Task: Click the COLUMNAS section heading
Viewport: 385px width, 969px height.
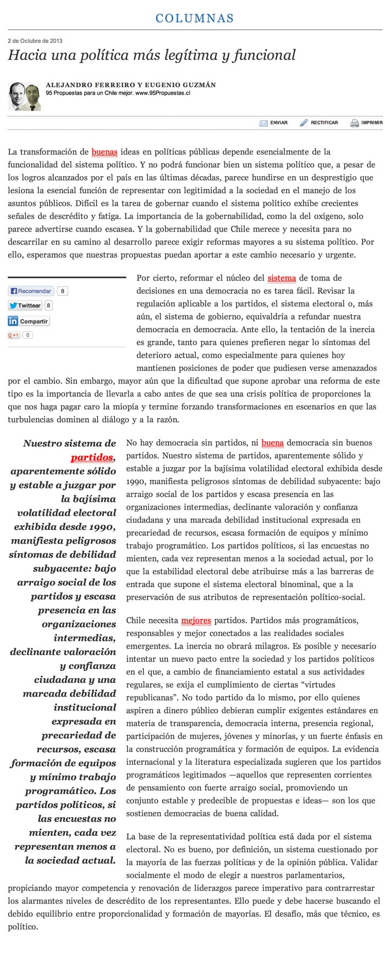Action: [x=195, y=18]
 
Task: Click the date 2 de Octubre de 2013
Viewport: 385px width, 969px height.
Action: [x=35, y=41]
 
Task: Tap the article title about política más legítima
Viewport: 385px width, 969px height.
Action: [x=152, y=55]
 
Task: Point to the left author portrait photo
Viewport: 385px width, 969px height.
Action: [x=16, y=96]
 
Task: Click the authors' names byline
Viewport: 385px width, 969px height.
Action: [x=131, y=85]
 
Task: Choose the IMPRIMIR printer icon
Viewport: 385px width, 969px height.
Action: [x=355, y=123]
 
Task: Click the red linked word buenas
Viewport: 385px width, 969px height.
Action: [x=105, y=152]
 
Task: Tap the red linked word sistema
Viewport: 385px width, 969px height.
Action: [x=282, y=278]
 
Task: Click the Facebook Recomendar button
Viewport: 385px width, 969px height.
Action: [x=31, y=291]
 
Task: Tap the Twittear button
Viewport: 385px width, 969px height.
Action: [x=25, y=305]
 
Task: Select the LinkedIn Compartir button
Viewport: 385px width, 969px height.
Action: [x=29, y=321]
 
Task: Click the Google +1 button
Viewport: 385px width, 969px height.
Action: [x=14, y=335]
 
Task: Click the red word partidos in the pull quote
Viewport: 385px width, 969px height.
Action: [x=92, y=457]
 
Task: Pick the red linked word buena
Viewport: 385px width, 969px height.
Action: [x=272, y=442]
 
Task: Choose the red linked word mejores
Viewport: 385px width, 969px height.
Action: [x=196, y=621]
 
